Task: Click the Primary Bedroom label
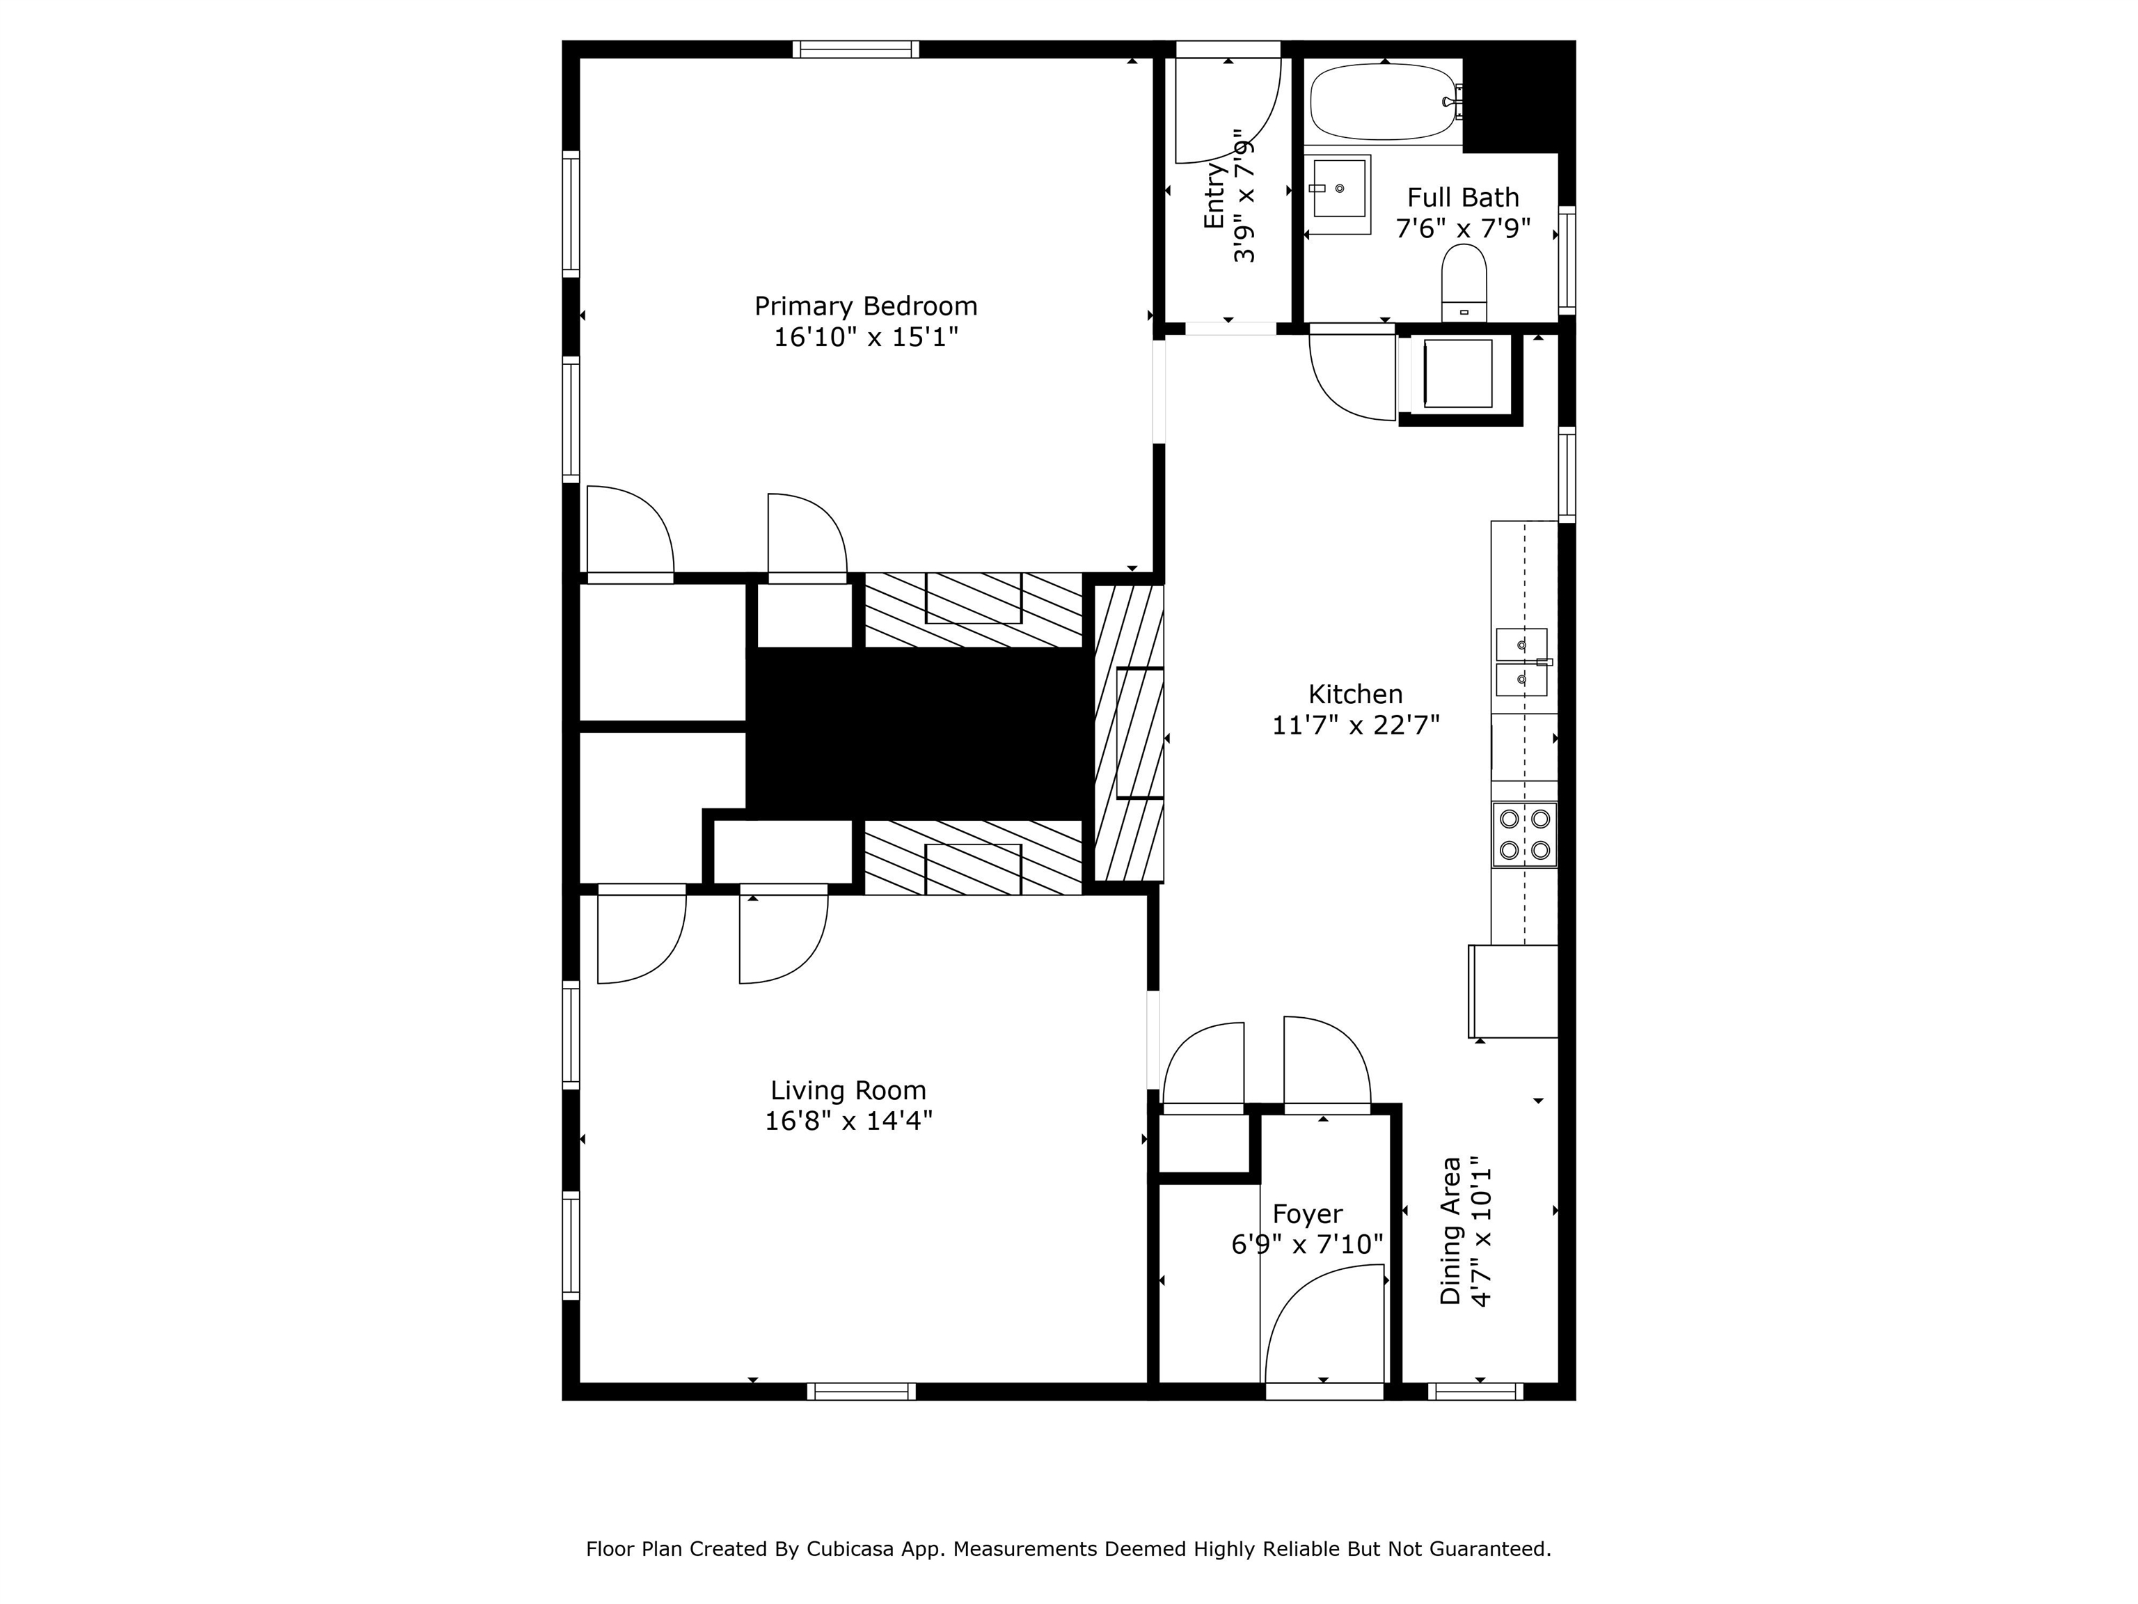866,306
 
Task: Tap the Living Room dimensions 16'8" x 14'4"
848,1121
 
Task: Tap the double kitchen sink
1522,662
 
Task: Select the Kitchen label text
1355,694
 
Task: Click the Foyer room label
1307,1214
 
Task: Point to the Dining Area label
1451,1230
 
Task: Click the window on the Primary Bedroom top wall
855,49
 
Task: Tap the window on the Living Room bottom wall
861,1391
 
